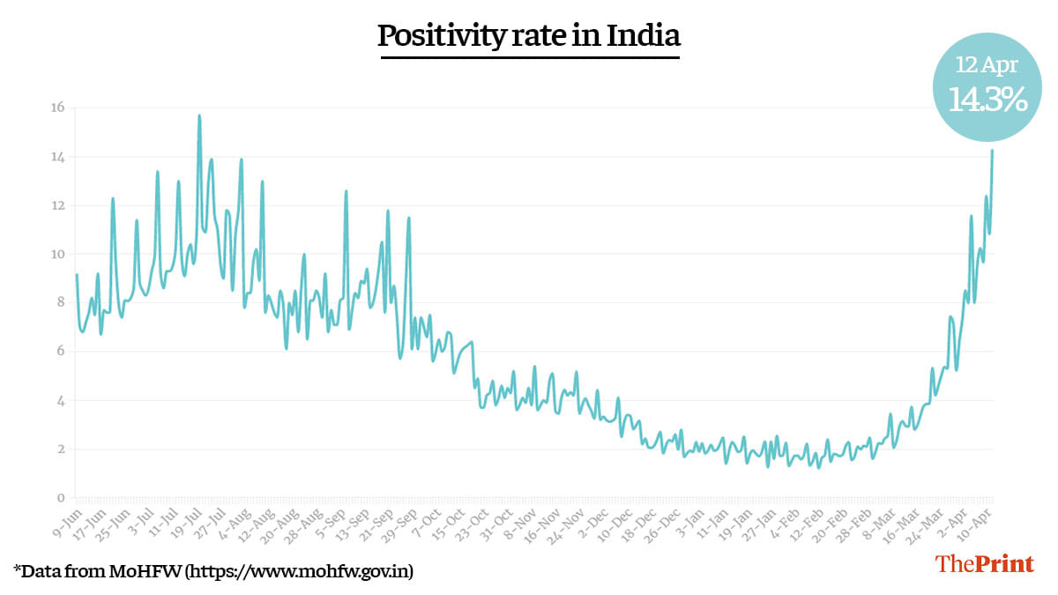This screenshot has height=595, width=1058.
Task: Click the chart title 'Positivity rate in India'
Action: (x=529, y=36)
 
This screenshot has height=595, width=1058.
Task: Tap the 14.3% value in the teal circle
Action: (x=987, y=100)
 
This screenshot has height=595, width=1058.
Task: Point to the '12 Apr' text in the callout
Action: (x=987, y=64)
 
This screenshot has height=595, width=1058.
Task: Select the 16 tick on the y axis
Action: (x=58, y=108)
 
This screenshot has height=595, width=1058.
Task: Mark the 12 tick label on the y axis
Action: (x=58, y=205)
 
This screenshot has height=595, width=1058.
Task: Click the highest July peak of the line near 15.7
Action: (x=199, y=115)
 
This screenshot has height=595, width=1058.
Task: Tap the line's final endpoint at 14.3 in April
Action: (x=992, y=151)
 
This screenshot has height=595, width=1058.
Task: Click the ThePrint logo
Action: (x=985, y=564)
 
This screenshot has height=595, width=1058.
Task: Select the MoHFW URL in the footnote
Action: (x=297, y=571)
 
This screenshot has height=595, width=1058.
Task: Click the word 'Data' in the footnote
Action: (x=40, y=571)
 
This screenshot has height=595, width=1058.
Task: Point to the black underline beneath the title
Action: (x=529, y=57)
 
